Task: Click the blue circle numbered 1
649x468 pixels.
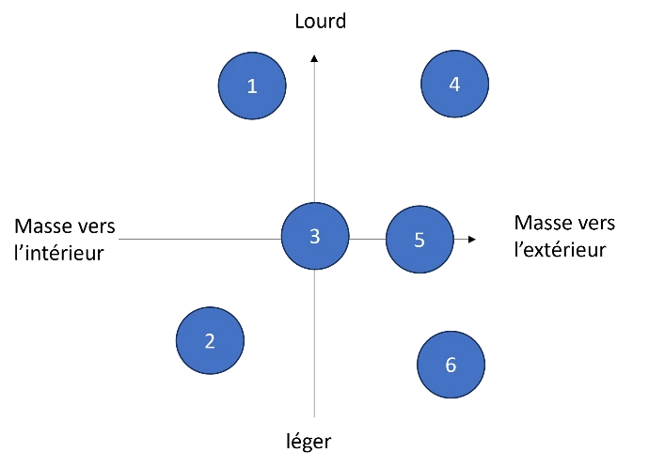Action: tap(252, 86)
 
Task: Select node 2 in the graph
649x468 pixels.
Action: tap(210, 340)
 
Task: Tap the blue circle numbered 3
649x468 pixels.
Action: tap(315, 236)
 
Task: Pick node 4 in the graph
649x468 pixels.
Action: tap(454, 84)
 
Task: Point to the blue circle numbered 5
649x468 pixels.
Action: tap(419, 240)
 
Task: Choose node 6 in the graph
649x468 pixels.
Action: tap(451, 364)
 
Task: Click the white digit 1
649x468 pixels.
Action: tap(252, 86)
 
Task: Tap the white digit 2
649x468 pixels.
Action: tap(210, 341)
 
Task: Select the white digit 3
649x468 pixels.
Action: tap(315, 237)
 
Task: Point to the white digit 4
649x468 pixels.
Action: tap(454, 85)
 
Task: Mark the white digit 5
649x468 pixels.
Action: tap(419, 241)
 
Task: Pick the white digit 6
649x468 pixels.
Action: tap(451, 365)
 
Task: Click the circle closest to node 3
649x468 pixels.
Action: tap(419, 240)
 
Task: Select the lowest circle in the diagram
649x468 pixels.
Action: tap(451, 364)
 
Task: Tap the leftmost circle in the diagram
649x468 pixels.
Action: tap(210, 340)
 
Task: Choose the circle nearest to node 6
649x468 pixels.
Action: tap(419, 240)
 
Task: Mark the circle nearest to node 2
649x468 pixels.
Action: tap(315, 236)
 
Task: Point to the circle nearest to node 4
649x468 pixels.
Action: tap(419, 240)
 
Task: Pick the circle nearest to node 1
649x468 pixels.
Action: tap(315, 236)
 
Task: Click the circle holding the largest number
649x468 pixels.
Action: tap(451, 364)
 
